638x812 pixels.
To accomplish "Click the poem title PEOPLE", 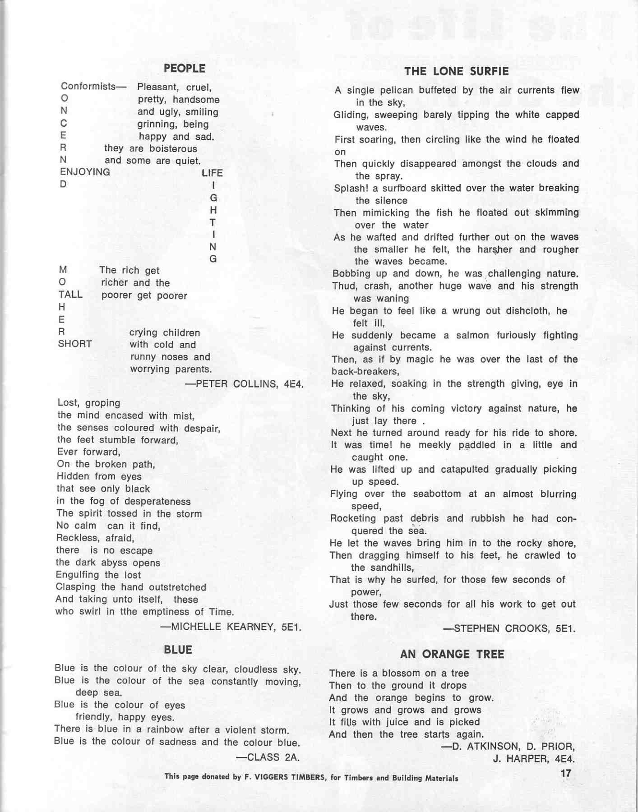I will [184, 69].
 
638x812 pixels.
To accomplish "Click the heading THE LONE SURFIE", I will [456, 71].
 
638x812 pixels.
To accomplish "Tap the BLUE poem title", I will [178, 650].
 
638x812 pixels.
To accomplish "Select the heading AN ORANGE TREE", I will [452, 654].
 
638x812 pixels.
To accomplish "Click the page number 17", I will [566, 773].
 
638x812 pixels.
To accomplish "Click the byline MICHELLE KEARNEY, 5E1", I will [231, 627].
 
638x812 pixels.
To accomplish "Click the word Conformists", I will [88, 86].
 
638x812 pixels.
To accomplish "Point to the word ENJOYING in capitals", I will [85, 172].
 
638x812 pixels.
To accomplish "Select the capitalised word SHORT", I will [75, 344].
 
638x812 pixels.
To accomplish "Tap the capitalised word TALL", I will [70, 295].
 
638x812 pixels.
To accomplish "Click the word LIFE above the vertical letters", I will [212, 173].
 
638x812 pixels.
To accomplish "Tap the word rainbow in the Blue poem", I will [162, 729].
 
